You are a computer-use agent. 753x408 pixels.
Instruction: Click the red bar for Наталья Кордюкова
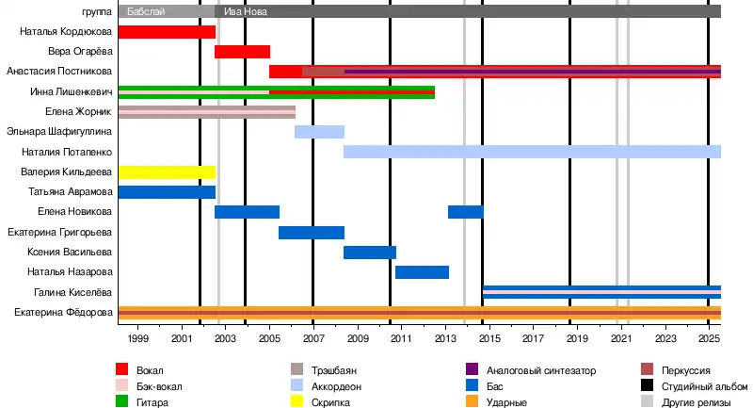167,32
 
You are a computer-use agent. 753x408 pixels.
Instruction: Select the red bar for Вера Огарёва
242,52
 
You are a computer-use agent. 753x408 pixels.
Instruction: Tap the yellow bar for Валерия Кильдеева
167,172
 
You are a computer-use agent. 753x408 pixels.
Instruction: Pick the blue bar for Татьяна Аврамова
167,192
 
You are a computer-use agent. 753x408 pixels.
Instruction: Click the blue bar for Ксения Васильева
370,253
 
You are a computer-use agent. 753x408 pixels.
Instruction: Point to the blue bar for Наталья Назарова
422,272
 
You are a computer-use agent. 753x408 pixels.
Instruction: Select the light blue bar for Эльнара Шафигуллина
319,132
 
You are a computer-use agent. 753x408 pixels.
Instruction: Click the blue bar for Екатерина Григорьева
312,233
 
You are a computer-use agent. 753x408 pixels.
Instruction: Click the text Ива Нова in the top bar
245,12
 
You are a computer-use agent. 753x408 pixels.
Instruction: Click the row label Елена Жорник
79,112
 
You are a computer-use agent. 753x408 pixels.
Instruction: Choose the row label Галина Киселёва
73,293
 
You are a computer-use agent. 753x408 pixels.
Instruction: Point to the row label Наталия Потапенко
68,152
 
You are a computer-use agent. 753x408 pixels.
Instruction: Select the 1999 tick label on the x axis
137,337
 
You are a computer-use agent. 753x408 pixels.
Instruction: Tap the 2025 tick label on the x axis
709,337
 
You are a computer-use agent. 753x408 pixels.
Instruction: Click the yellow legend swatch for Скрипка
297,402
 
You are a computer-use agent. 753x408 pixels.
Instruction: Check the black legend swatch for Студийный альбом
647,386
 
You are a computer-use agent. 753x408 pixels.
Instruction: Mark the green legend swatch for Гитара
122,402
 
